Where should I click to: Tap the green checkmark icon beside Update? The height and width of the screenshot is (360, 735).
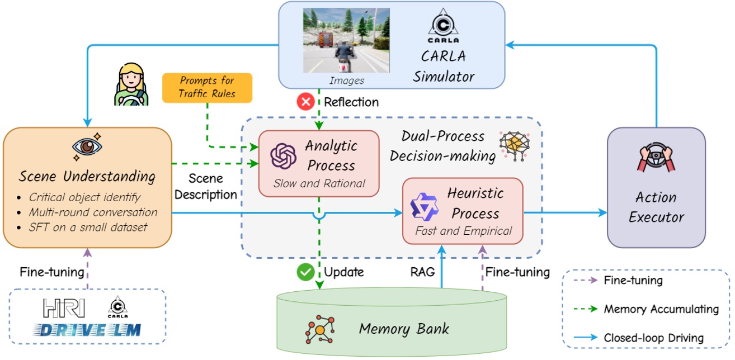[305, 272]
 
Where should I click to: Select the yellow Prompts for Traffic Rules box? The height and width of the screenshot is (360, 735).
[206, 87]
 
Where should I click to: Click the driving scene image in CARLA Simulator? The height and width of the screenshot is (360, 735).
[346, 40]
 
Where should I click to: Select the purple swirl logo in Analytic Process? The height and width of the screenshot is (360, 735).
[282, 156]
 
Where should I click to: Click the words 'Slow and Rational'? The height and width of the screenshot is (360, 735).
[319, 183]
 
